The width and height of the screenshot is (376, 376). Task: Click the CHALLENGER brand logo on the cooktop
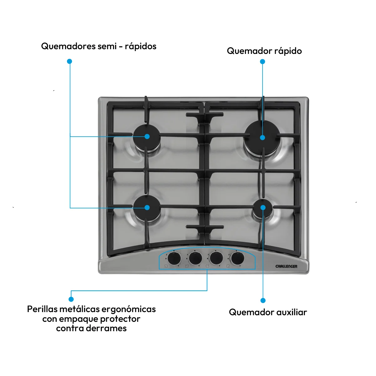pos(286,266)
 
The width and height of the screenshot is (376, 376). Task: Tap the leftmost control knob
pos(174,258)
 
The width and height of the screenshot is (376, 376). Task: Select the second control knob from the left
pos(195,258)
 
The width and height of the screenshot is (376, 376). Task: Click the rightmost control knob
pos(238,258)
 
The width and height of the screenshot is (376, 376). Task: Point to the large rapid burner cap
pos(263,138)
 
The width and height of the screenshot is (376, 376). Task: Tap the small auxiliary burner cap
pos(263,208)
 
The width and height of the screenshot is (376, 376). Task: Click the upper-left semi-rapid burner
pos(147,137)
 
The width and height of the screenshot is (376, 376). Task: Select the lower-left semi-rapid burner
pos(147,208)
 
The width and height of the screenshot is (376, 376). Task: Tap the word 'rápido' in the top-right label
pos(288,51)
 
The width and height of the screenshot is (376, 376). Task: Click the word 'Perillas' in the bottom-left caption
pos(42,309)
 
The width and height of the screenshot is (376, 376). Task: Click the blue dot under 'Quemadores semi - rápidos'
pos(70,61)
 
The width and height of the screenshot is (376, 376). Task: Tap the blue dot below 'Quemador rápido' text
pos(263,61)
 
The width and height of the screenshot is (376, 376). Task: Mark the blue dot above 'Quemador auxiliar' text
pos(263,300)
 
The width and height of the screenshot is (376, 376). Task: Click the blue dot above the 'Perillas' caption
pos(71,299)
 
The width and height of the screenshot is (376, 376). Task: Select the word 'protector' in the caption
pos(120,319)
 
